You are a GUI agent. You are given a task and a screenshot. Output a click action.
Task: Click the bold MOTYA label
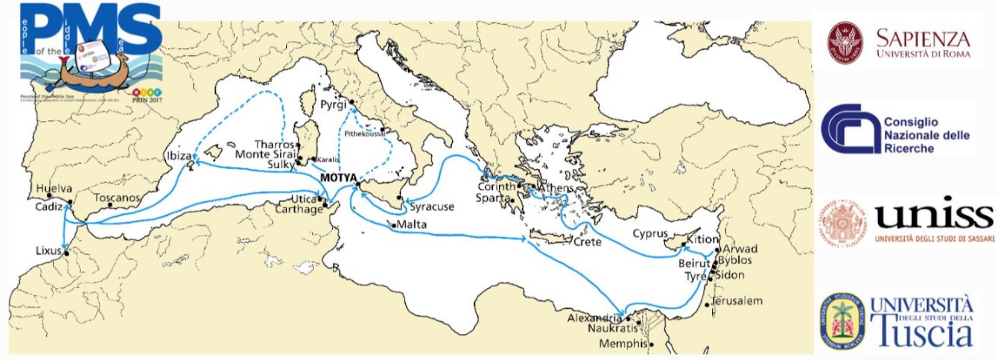[x=338, y=178]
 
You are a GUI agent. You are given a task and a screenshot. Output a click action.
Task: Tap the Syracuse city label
[x=432, y=207]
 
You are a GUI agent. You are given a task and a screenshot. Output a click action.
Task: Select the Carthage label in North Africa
[x=299, y=209]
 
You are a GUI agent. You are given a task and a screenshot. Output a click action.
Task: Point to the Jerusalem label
[x=737, y=301]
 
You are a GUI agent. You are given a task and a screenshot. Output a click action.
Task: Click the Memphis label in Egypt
[x=623, y=343]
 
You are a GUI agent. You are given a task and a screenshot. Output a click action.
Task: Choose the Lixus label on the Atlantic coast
[x=48, y=251]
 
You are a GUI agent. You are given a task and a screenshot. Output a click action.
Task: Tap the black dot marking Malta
[x=394, y=225]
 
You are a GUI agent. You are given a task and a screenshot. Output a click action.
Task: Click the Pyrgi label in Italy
[x=333, y=105]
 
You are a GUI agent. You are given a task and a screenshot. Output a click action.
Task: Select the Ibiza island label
[x=179, y=156]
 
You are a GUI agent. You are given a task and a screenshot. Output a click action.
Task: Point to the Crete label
[x=587, y=242]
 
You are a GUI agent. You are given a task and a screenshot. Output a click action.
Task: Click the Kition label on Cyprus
[x=702, y=239]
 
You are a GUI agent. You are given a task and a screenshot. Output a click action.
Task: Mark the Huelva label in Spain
[x=54, y=188]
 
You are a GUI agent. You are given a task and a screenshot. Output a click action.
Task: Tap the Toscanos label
[x=117, y=198]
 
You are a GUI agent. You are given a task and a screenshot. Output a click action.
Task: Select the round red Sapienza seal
[x=846, y=43]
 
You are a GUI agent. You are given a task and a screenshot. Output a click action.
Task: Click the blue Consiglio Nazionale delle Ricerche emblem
[x=848, y=129]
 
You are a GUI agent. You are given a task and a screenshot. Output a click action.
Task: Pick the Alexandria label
[x=594, y=318]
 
